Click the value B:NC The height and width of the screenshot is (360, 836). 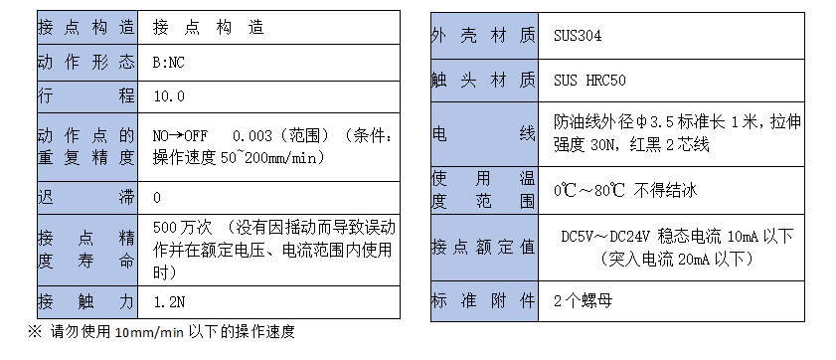pyautogui.click(x=168, y=63)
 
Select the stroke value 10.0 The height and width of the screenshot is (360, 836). pyautogui.click(x=168, y=96)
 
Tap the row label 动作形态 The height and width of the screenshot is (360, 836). pyautogui.click(x=85, y=63)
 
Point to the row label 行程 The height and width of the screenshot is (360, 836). pyautogui.click(x=85, y=96)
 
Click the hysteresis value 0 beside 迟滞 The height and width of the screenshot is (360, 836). pyautogui.click(x=157, y=198)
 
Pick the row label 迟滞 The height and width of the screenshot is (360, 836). pyautogui.click(x=85, y=198)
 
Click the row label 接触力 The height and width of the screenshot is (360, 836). pyautogui.click(x=85, y=300)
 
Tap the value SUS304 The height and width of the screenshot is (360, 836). pyautogui.click(x=578, y=36)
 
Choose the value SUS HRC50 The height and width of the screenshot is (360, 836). pyautogui.click(x=590, y=79)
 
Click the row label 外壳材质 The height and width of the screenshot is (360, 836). pyautogui.click(x=483, y=36)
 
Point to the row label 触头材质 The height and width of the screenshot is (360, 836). pyautogui.click(x=483, y=79)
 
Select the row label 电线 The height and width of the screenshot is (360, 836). pyautogui.click(x=483, y=133)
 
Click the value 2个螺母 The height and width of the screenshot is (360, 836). pyautogui.click(x=581, y=300)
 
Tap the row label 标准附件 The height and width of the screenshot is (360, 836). pyautogui.click(x=483, y=300)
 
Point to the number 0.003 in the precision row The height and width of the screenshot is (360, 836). pyautogui.click(x=250, y=136)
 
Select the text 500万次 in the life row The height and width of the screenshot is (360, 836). pyautogui.click(x=178, y=225)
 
